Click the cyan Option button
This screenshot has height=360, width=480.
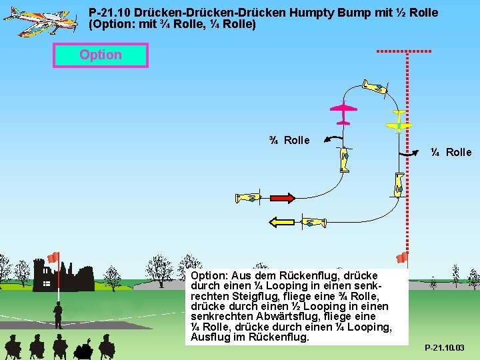(101, 55)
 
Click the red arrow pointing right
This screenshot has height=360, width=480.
(281, 197)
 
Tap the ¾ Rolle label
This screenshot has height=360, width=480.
(289, 140)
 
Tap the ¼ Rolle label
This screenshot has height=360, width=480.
(451, 152)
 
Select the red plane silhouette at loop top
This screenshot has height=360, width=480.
(343, 113)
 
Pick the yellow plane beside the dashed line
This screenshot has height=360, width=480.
(399, 121)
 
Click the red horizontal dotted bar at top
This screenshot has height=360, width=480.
(404, 51)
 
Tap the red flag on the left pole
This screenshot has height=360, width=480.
(53, 257)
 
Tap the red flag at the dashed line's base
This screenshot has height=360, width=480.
(402, 258)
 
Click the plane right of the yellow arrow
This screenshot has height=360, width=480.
(312, 222)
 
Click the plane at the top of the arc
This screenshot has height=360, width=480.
(375, 87)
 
